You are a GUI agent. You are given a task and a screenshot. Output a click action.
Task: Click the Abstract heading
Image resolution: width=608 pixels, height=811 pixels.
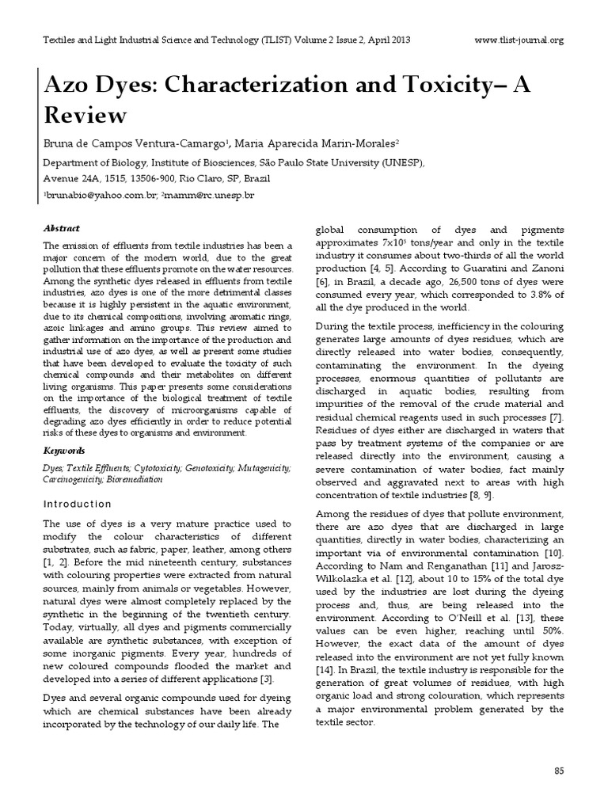coord(61,228)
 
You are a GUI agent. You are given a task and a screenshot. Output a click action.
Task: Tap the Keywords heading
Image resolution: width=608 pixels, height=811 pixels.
coord(64,450)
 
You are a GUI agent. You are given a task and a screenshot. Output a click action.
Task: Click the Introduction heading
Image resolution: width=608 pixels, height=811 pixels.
coord(77,504)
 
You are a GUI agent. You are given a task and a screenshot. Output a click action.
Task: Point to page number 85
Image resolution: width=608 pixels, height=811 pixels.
coord(557,771)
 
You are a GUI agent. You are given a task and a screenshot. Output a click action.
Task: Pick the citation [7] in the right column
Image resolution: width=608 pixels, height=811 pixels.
coord(557,417)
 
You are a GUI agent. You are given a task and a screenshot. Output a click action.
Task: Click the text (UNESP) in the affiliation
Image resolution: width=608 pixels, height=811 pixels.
coord(401,162)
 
